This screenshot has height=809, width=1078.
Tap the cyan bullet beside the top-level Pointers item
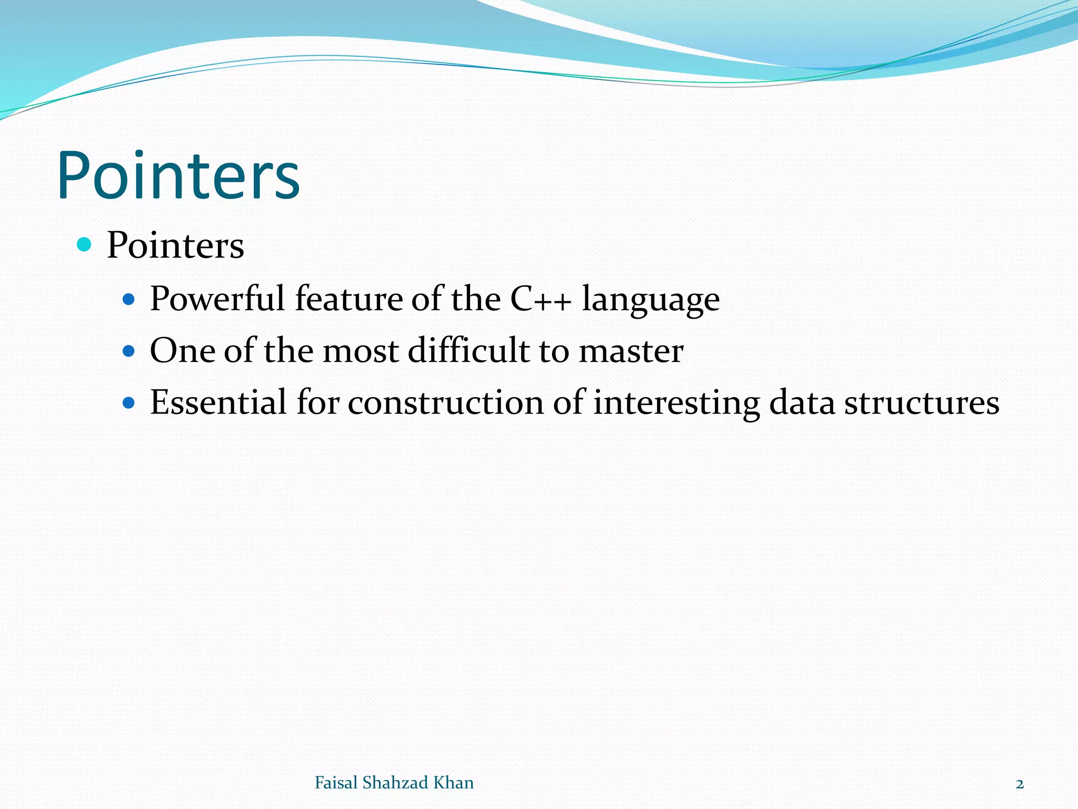pyautogui.click(x=84, y=244)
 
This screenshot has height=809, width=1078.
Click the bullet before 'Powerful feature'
pyautogui.click(x=128, y=300)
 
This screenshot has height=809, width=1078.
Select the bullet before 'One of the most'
pyautogui.click(x=128, y=351)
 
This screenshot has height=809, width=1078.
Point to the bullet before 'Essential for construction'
pyautogui.click(x=128, y=403)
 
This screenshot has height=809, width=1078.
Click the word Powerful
pyautogui.click(x=217, y=299)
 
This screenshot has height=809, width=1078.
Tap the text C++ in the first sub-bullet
pyautogui.click(x=541, y=299)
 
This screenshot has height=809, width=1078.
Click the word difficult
pyautogui.click(x=468, y=351)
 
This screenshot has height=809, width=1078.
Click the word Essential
pyautogui.click(x=218, y=403)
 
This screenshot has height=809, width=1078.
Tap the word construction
pyautogui.click(x=445, y=403)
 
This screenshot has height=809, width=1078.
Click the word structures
pyautogui.click(x=922, y=403)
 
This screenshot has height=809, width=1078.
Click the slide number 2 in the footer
pyautogui.click(x=1020, y=784)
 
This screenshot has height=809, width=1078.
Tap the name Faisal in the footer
pyautogui.click(x=336, y=783)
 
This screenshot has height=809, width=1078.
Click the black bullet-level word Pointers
pyautogui.click(x=175, y=245)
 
